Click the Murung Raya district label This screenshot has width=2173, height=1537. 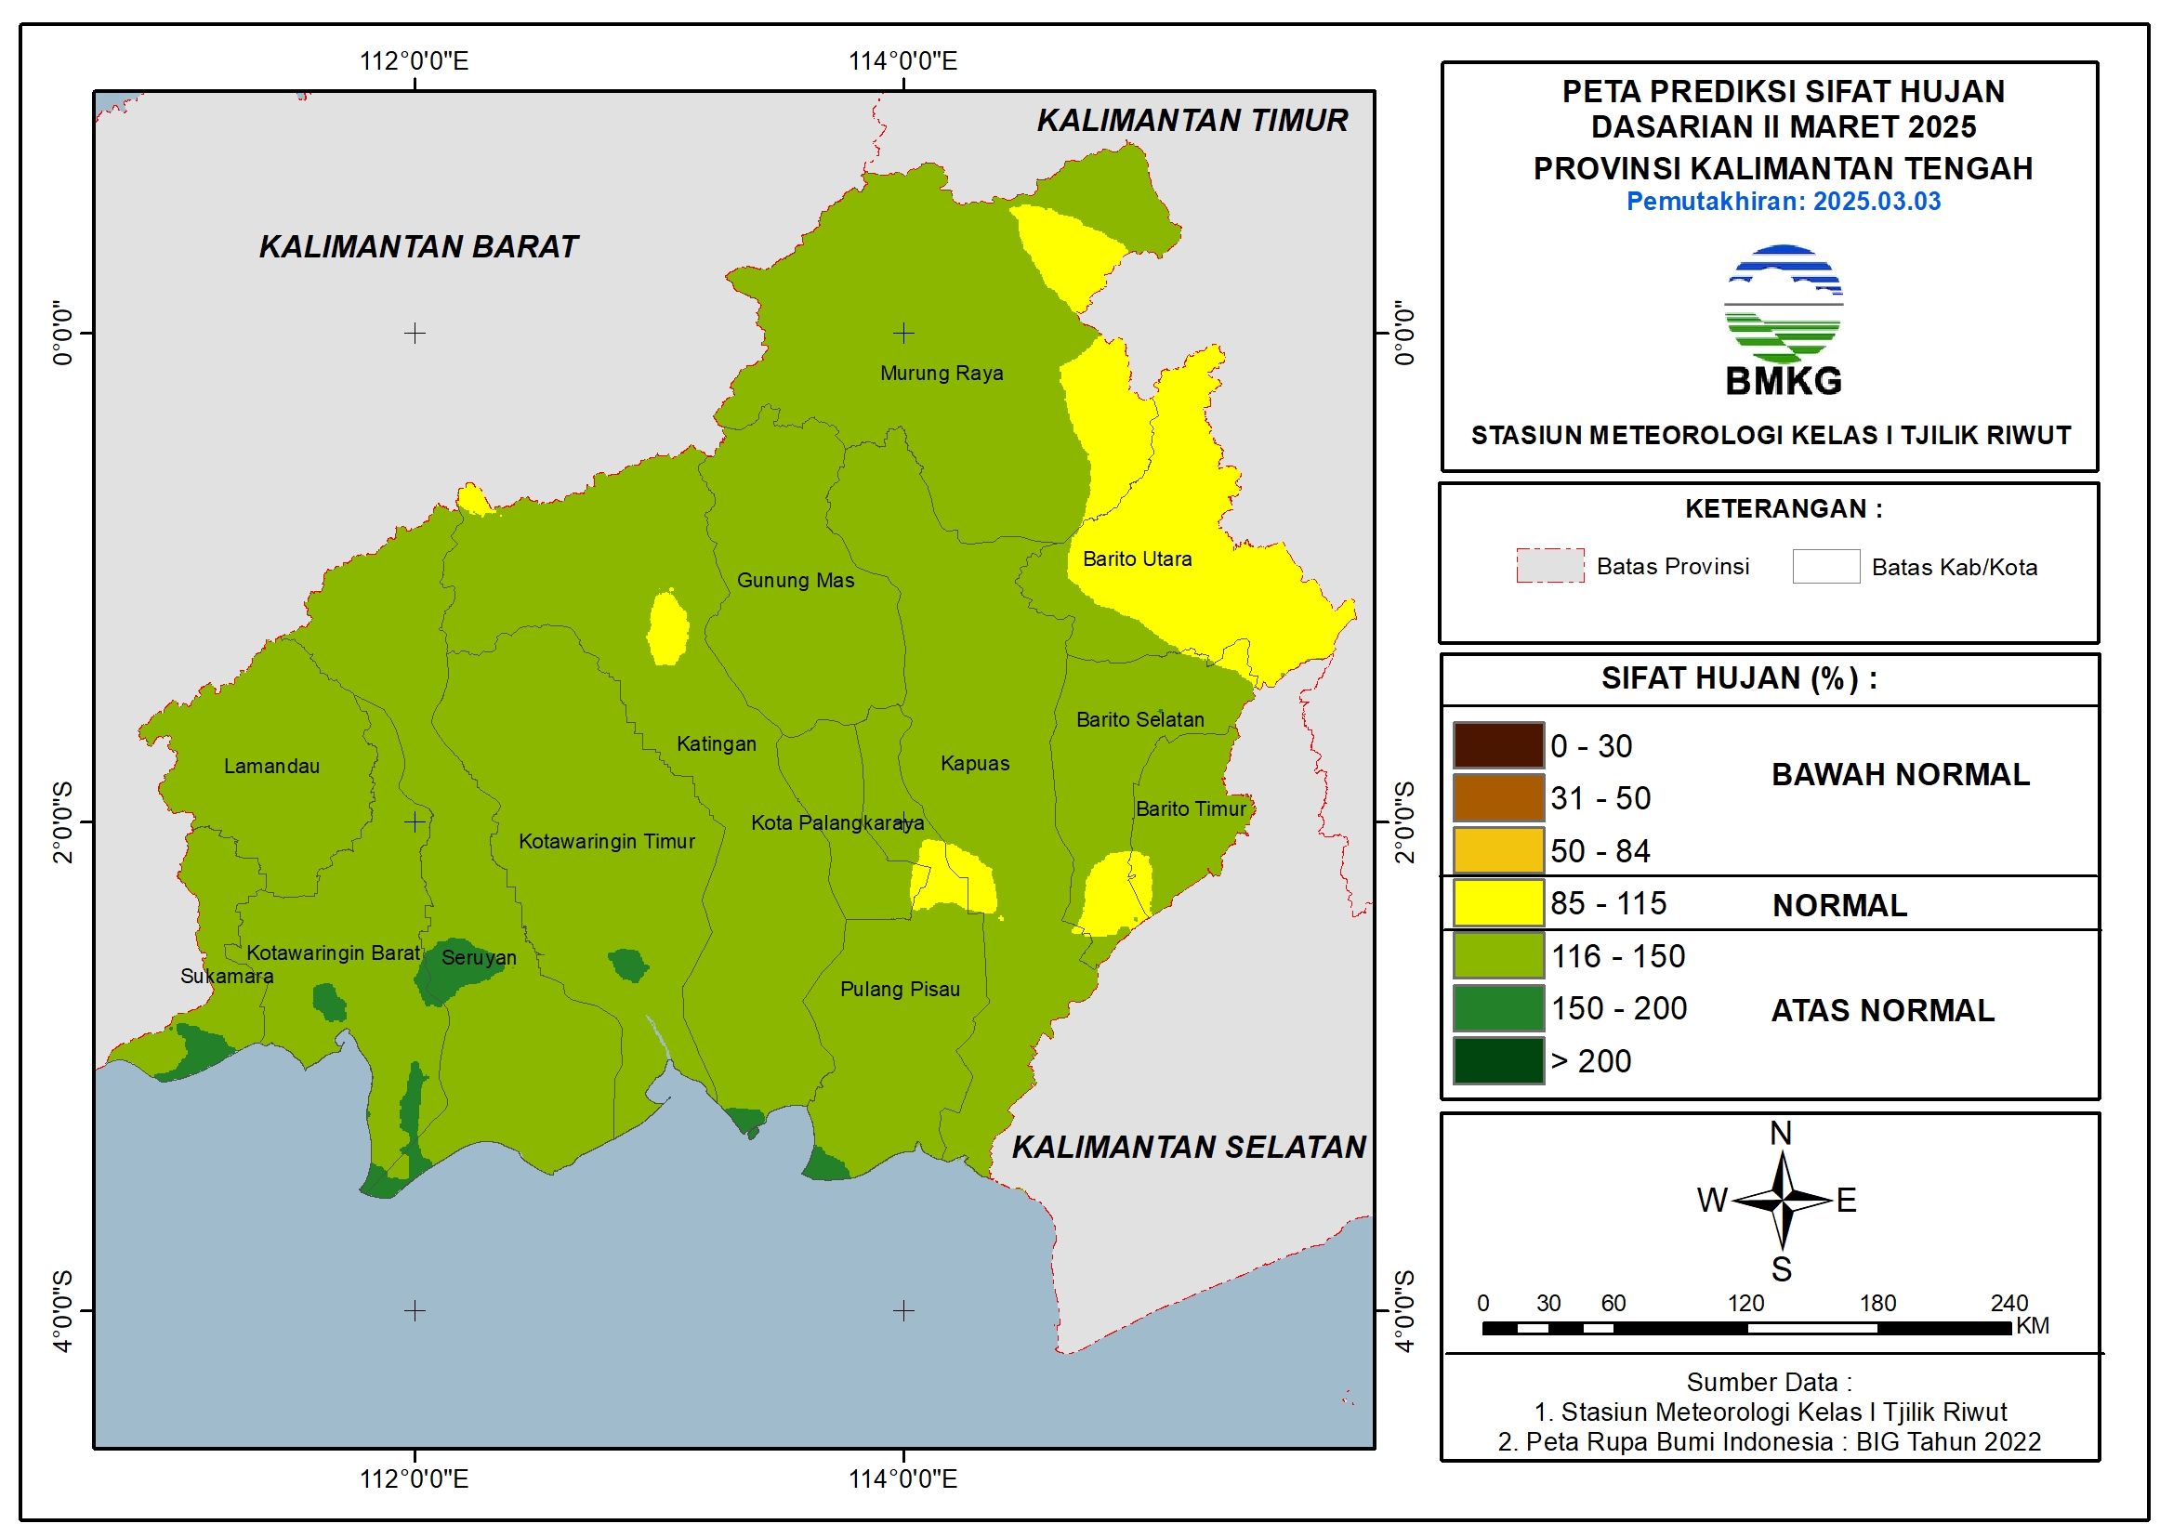click(x=941, y=373)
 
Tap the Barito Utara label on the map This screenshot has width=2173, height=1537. click(x=1137, y=558)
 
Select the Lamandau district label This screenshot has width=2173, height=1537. click(x=271, y=766)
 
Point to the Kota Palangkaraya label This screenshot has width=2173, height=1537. click(x=836, y=822)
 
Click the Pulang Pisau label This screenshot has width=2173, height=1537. click(x=899, y=989)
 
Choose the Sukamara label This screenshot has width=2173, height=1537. click(x=226, y=976)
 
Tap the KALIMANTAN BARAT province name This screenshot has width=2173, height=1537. click(x=418, y=246)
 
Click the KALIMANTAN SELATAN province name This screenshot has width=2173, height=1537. click(x=1189, y=1147)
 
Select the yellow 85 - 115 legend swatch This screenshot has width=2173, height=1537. click(x=1498, y=903)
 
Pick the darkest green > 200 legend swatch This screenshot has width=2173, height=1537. click(x=1498, y=1060)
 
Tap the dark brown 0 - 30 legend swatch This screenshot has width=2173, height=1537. click(x=1498, y=746)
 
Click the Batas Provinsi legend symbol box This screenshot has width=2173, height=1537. click(x=1549, y=566)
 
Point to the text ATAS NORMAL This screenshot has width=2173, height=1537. click(x=1882, y=1011)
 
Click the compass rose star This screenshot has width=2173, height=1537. click(x=1781, y=1200)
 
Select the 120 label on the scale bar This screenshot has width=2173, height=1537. click(x=1745, y=1303)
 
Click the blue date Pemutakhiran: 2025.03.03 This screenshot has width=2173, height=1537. click(x=1783, y=202)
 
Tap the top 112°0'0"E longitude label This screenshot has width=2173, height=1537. click(x=414, y=61)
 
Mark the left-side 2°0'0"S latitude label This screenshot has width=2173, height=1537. click(x=62, y=821)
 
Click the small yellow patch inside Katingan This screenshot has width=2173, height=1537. click(x=668, y=627)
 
